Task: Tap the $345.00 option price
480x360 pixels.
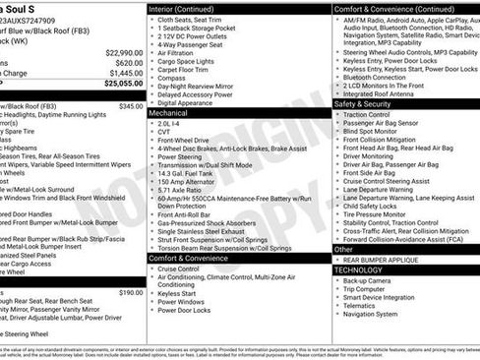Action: pos(130,105)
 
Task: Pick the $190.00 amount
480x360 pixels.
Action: pos(130,292)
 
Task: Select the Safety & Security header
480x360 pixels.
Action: pos(362,103)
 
